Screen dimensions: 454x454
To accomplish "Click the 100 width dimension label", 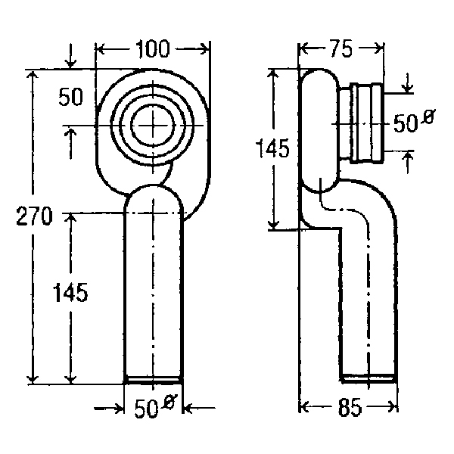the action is (153, 48).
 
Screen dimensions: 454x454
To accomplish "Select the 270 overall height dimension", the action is (34, 216).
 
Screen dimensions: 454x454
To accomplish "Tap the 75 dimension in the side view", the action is (342, 48).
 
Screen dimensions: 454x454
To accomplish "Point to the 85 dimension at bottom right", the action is (350, 407).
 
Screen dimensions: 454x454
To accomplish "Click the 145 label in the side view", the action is (273, 148).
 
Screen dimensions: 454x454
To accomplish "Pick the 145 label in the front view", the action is (70, 292).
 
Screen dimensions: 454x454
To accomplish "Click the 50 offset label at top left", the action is (70, 97).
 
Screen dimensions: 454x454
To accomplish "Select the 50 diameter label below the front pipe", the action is (146, 409).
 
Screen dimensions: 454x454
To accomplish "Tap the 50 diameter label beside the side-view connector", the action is (406, 123).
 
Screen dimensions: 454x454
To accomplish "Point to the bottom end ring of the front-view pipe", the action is (153, 380).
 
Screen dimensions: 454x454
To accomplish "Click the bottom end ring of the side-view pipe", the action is (368, 378).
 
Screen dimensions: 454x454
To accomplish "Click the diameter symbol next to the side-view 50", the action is (428, 117).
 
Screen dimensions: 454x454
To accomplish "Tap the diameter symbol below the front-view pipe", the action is (169, 401).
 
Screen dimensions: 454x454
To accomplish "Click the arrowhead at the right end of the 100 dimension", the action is (205, 48).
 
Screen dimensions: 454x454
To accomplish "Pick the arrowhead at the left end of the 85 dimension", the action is (303, 406).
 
